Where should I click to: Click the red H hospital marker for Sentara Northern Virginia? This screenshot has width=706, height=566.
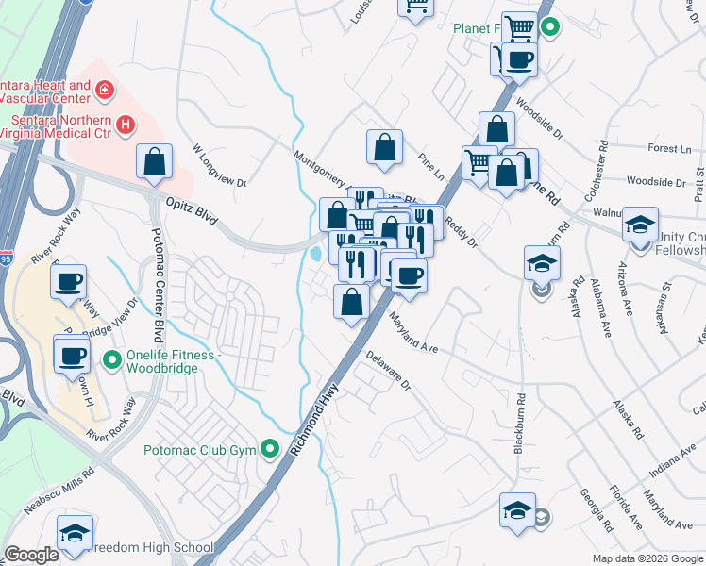click(125, 125)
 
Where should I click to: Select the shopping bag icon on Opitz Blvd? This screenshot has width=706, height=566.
click(154, 161)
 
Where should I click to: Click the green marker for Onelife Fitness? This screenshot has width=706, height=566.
click(112, 358)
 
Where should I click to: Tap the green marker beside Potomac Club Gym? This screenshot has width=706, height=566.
click(272, 448)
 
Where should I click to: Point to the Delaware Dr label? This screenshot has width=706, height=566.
click(389, 371)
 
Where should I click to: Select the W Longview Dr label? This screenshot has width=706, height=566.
click(218, 166)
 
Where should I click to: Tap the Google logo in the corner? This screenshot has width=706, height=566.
click(32, 555)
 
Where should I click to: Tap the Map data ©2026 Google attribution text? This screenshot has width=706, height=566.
click(647, 558)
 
